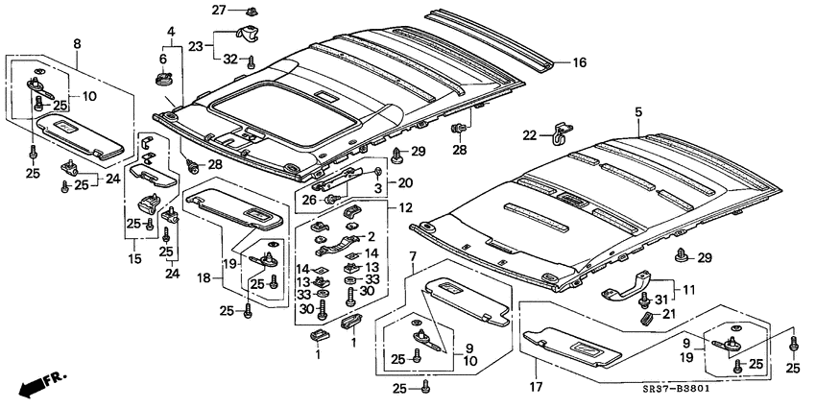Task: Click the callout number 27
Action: (218, 10)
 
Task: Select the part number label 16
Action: (579, 63)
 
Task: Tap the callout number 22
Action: (529, 134)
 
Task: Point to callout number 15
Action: (132, 259)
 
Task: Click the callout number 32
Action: (230, 60)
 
